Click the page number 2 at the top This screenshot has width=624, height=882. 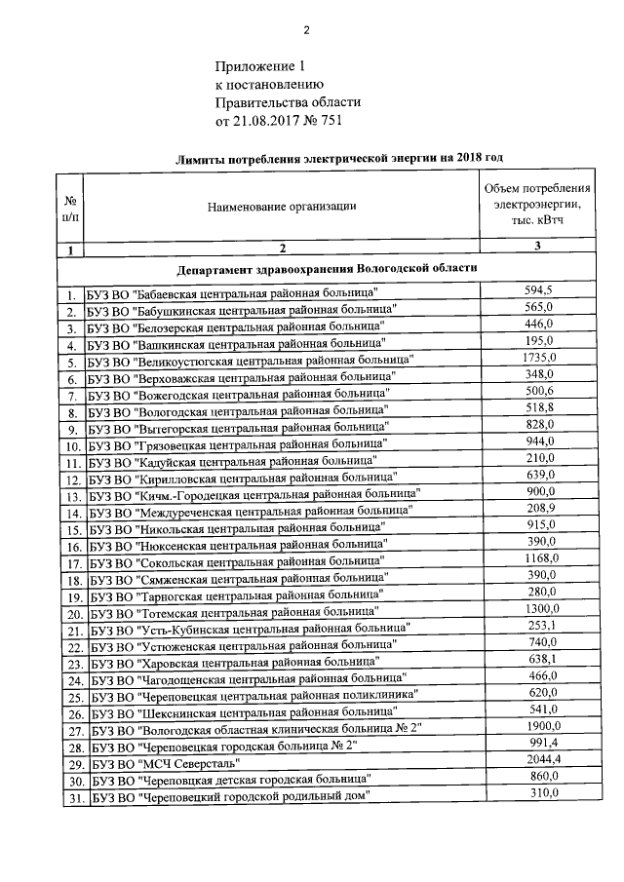305,29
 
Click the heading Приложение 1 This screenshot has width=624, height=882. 260,66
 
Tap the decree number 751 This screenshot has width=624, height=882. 330,121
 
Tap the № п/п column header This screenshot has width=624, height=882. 70,206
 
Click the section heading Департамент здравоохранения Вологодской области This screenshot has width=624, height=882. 328,267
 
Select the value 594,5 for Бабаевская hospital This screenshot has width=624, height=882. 538,290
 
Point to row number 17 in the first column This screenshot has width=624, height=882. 72,562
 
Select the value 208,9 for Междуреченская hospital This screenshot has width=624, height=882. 538,508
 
